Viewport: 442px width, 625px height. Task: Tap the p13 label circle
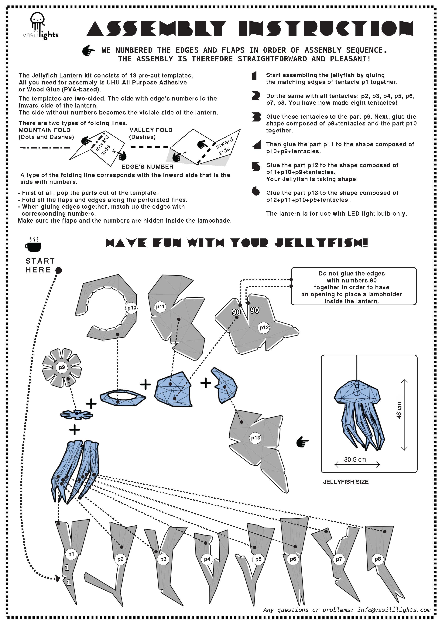click(255, 438)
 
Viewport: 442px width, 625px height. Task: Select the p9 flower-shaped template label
click(62, 367)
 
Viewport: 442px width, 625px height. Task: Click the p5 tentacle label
click(258, 559)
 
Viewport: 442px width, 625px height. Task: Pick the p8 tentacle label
click(378, 559)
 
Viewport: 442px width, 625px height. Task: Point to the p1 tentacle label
click(71, 554)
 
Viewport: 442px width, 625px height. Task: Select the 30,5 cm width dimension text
click(355, 460)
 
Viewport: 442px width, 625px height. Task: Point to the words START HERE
click(40, 265)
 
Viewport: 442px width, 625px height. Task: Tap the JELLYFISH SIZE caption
click(346, 482)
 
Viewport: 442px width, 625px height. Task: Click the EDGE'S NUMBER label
click(147, 167)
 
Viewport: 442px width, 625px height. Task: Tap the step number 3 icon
click(256, 117)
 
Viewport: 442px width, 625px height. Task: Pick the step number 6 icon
click(256, 191)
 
